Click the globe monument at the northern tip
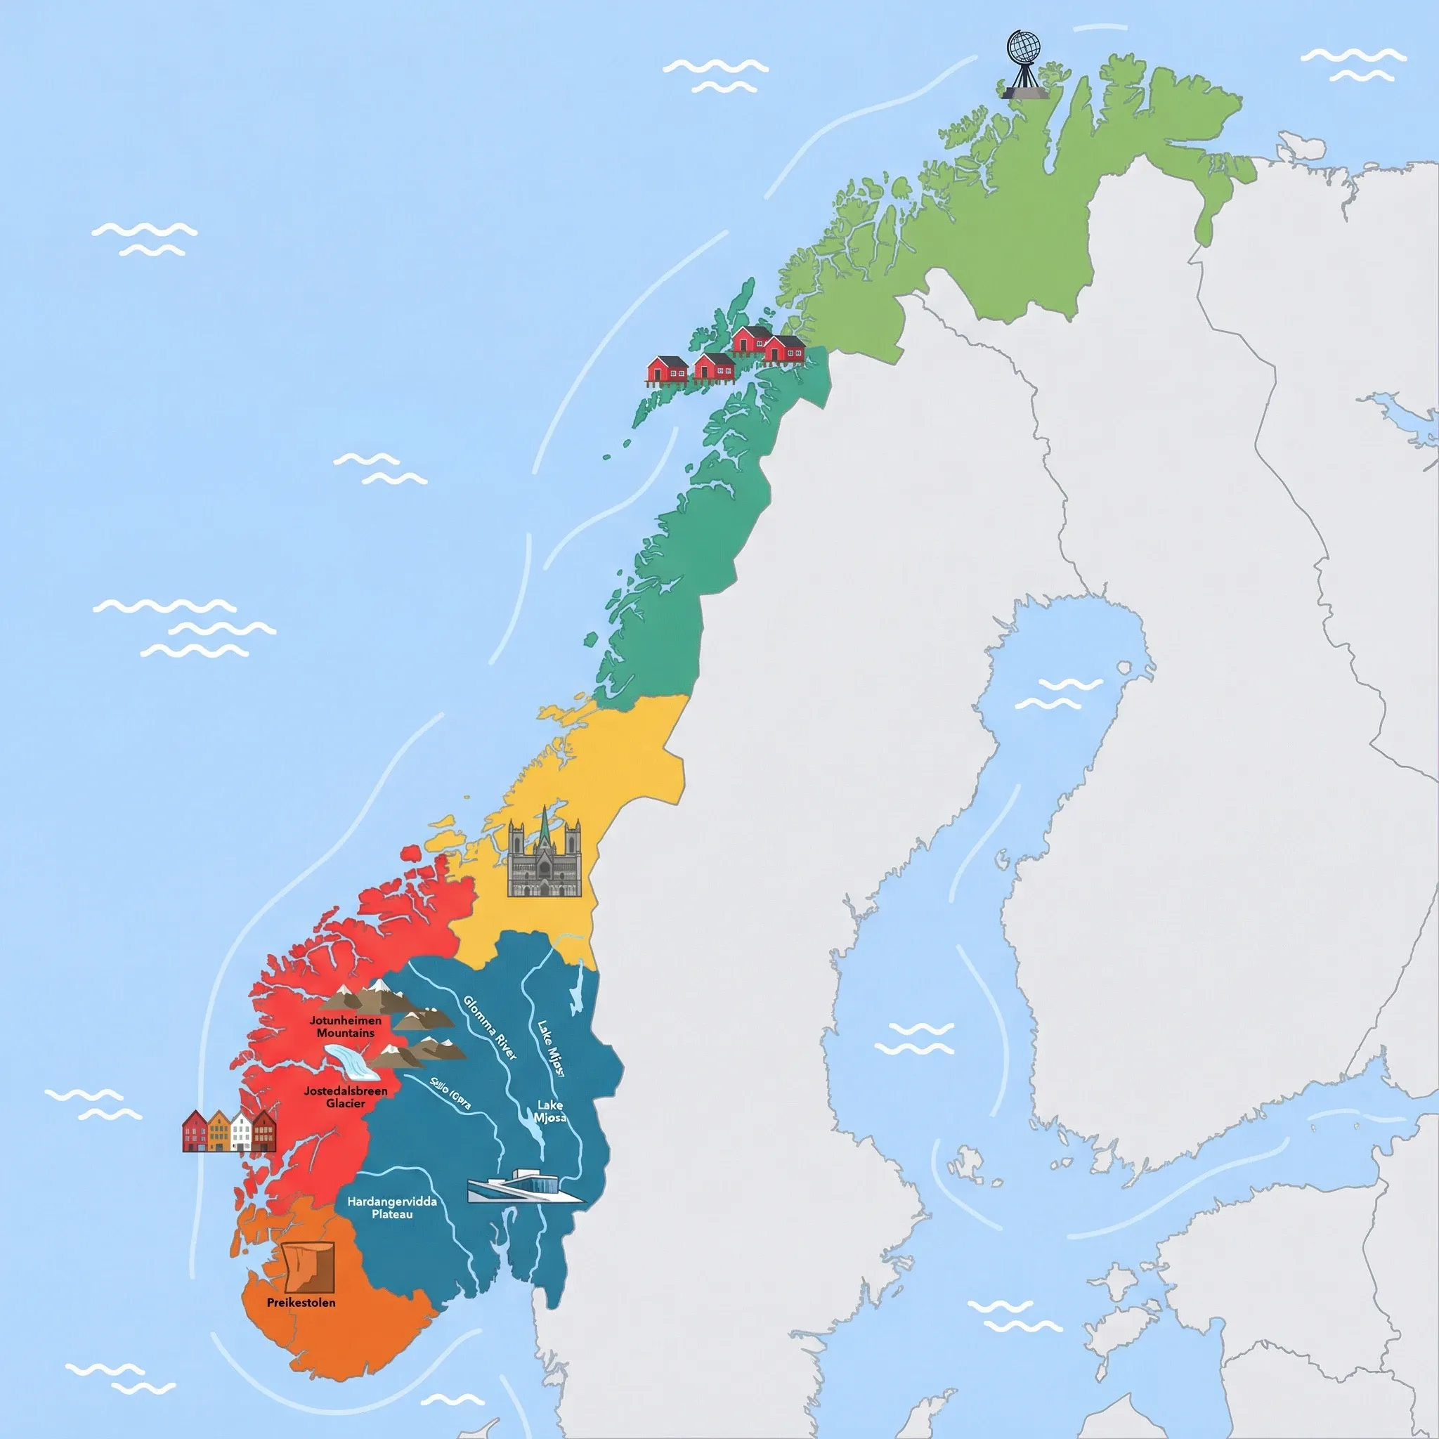tap(1025, 65)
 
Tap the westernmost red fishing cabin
tap(668, 370)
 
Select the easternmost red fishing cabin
tap(785, 349)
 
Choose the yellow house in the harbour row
tap(219, 1131)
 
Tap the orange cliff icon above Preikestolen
tap(309, 1266)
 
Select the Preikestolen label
tap(301, 1303)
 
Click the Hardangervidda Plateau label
tap(392, 1207)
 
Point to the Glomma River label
tap(490, 1027)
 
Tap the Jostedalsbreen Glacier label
tap(346, 1096)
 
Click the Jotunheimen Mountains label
tap(346, 1027)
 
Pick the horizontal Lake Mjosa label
tap(549, 1112)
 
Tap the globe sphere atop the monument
tap(1025, 48)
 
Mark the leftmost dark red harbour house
tap(195, 1131)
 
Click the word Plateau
tap(392, 1214)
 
